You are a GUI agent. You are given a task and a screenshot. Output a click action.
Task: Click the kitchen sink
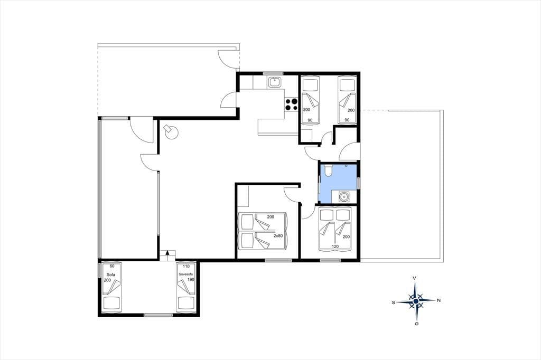tap(275, 82)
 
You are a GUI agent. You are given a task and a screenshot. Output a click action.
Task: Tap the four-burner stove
tap(291, 105)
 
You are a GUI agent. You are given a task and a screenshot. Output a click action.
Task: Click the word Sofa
tap(110, 275)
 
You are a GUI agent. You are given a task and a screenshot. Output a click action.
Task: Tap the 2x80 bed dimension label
tap(278, 236)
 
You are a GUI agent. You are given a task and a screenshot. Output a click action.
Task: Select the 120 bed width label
tap(335, 247)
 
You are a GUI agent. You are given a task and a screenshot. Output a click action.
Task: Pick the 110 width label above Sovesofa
tap(186, 266)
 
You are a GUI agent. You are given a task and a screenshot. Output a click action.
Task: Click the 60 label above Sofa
tap(112, 266)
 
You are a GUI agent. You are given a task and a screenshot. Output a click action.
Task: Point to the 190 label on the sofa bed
tap(191, 280)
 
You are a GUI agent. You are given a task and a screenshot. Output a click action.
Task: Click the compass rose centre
tap(416, 301)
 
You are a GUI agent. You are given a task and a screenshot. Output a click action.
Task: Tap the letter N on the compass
tap(439, 300)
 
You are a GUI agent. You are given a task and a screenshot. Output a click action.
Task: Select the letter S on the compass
tap(393, 302)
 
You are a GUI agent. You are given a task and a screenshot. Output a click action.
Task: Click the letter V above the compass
tap(414, 278)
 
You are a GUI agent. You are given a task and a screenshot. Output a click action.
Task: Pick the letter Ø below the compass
tap(417, 324)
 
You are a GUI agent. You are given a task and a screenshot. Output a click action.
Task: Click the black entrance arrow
tap(167, 252)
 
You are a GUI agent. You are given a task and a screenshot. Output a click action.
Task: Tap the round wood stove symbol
tap(171, 132)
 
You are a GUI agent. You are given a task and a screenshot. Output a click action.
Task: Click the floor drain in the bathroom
tap(346, 166)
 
